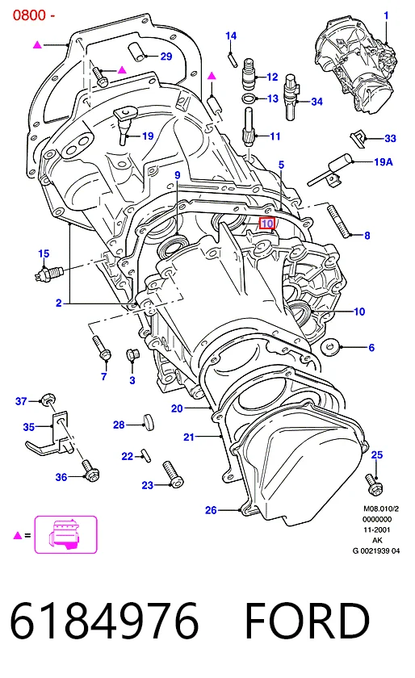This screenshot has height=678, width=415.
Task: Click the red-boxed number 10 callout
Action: pyautogui.click(x=267, y=223)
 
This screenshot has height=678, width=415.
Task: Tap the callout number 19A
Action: pyautogui.click(x=384, y=161)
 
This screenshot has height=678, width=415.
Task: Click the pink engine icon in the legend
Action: pyautogui.click(x=65, y=534)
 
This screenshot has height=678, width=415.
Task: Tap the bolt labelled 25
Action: pyautogui.click(x=374, y=484)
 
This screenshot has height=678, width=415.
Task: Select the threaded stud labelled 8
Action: pyautogui.click(x=339, y=220)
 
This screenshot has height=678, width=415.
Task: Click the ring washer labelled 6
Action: pyautogui.click(x=329, y=347)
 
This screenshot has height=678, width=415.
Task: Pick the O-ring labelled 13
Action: pyautogui.click(x=249, y=98)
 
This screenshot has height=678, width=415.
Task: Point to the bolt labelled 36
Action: pyautogui.click(x=90, y=471)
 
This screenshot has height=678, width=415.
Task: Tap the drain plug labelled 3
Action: pyautogui.click(x=132, y=356)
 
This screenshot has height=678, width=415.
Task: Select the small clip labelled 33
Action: pyautogui.click(x=358, y=138)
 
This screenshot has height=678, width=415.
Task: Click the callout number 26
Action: pyautogui.click(x=211, y=510)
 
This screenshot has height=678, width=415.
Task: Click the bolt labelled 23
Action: pyautogui.click(x=173, y=475)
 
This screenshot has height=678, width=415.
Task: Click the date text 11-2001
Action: pyautogui.click(x=376, y=529)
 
